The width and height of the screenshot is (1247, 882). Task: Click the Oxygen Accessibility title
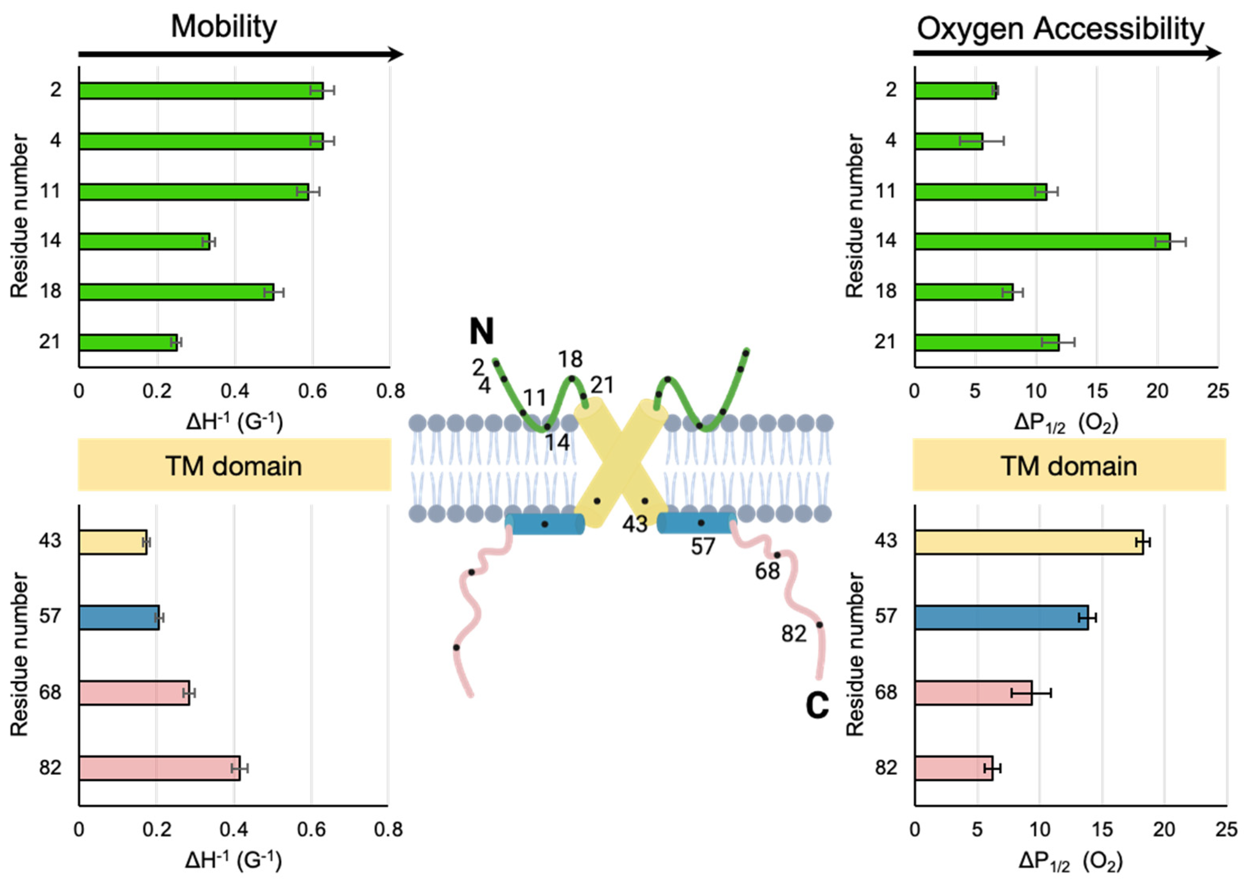(1060, 28)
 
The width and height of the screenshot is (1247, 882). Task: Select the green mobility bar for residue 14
(144, 242)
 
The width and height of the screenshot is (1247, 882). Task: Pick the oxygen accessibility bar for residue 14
(1042, 242)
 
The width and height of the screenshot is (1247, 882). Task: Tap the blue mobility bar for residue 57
(119, 618)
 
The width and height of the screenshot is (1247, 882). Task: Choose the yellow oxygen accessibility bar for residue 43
(1029, 542)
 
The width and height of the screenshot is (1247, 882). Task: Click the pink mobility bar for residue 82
(159, 768)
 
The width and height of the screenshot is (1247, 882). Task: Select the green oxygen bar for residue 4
(948, 141)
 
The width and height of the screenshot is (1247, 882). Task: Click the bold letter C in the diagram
(817, 705)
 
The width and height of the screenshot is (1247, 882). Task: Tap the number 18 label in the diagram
(570, 359)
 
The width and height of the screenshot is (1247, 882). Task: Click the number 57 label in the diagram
(703, 547)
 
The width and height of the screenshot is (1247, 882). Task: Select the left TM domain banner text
(234, 466)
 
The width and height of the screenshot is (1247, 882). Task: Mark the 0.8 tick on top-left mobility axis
(390, 391)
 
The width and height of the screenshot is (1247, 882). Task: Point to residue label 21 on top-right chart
(886, 341)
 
